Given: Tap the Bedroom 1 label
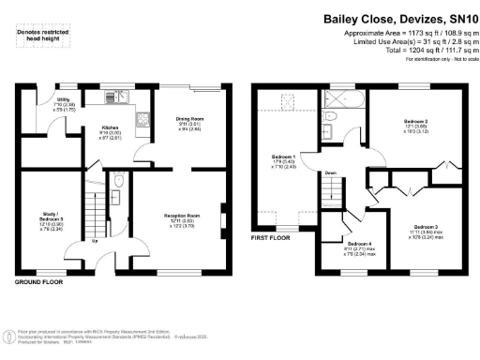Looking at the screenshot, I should coord(282,156).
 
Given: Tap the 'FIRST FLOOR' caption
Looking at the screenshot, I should coord(274,238).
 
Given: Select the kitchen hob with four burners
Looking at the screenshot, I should coord(142,120).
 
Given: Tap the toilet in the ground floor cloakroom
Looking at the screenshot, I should coord(116,181).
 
